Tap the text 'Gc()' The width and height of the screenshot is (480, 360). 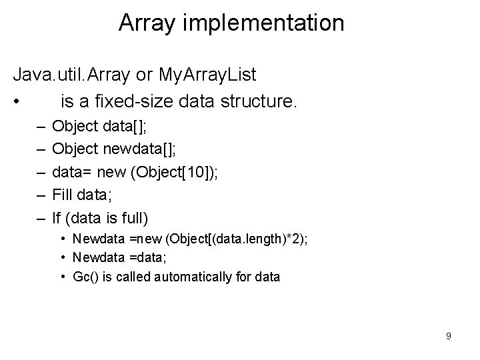click(85, 276)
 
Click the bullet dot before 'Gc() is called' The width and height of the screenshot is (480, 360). click(61, 276)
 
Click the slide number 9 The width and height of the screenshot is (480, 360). click(448, 336)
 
